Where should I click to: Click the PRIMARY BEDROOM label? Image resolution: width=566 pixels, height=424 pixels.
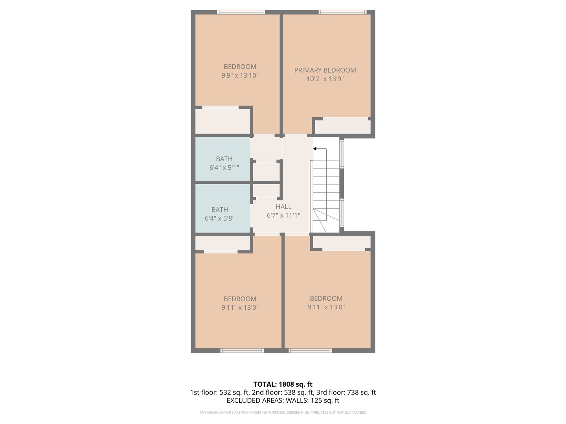coord(325,70)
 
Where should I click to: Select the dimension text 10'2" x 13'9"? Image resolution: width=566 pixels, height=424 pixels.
coord(325,79)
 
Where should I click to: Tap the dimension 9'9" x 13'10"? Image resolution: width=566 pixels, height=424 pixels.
coord(240,75)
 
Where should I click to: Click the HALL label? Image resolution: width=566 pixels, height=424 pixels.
coord(283,207)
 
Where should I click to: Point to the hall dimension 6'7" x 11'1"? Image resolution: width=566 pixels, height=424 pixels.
coord(283,215)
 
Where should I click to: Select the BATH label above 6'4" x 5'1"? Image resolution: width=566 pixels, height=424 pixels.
coord(224,159)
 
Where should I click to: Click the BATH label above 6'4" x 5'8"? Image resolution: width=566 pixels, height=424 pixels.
coord(220,210)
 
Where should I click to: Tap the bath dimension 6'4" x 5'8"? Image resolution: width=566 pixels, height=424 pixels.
coord(220,218)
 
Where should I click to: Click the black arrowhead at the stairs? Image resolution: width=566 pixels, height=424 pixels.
coord(315,149)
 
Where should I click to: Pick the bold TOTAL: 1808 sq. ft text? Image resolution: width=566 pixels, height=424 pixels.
coord(283,384)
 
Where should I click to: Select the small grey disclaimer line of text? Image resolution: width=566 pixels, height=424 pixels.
coord(283,413)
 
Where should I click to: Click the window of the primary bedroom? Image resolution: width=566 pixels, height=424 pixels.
coord(343,12)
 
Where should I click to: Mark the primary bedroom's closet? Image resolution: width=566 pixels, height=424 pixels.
coord(343,126)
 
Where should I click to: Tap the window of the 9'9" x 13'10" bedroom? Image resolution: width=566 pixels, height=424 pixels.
coord(241,12)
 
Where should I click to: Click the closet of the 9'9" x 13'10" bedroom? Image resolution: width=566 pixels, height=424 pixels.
coord(222,121)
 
